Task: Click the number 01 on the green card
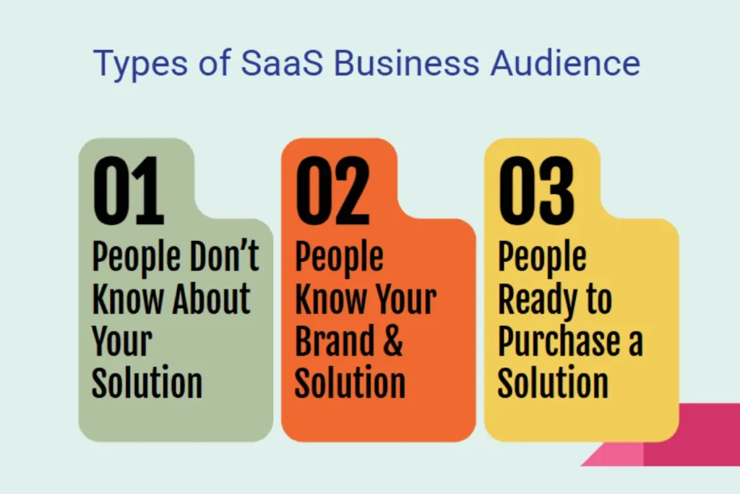click(x=129, y=189)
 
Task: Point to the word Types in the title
click(x=138, y=64)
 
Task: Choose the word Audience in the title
click(x=566, y=63)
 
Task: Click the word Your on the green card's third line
click(x=122, y=341)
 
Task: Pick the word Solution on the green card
click(x=147, y=381)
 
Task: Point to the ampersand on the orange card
click(x=390, y=341)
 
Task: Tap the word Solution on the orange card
click(x=350, y=381)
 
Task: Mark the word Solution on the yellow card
click(x=553, y=381)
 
